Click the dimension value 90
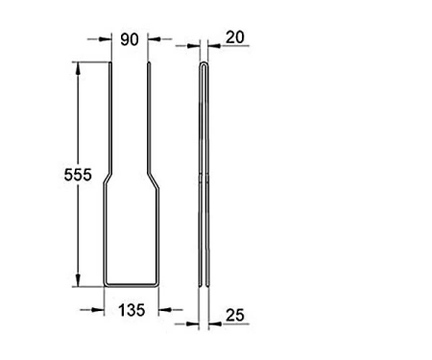tap(130, 39)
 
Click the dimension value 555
tap(78, 175)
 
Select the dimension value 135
tap(132, 310)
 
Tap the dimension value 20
tap(235, 37)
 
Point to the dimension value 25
tap(235, 315)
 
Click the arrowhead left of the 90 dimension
tap(105, 39)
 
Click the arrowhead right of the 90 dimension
tap(154, 39)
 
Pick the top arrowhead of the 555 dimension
tap(78, 68)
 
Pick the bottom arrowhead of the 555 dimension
tap(78, 280)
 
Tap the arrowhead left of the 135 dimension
tap(98, 310)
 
